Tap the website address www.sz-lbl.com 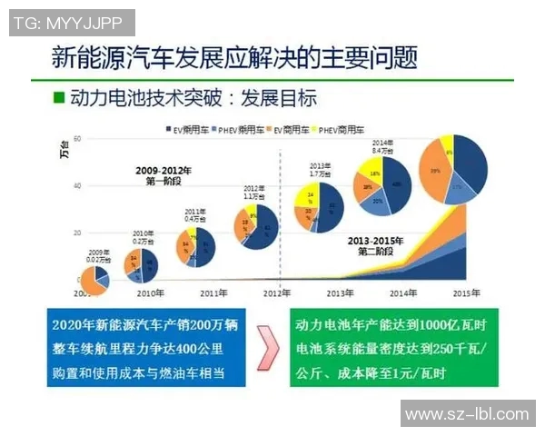coord(466,414)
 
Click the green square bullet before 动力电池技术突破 coord(60,96)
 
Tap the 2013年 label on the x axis coord(338,293)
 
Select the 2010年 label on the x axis coord(150,293)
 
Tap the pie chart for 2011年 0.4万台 coord(196,246)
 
